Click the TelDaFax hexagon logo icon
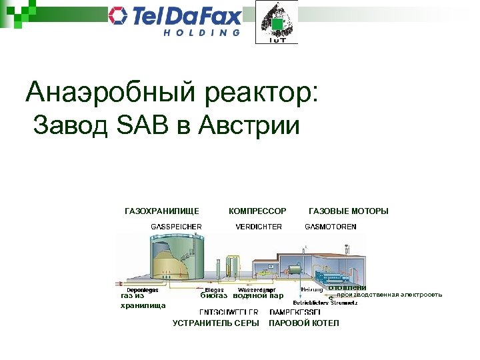(x=119, y=16)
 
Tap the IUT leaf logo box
(x=277, y=23)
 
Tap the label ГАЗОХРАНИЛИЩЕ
(x=162, y=211)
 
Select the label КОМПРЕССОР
(x=257, y=211)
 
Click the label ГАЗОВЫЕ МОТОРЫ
(x=348, y=211)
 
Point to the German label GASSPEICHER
(x=176, y=227)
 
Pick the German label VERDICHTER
(x=259, y=227)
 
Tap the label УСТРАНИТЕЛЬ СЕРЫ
(x=215, y=323)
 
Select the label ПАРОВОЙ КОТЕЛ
(x=303, y=323)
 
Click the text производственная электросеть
(x=389, y=295)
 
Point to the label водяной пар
(x=258, y=296)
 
